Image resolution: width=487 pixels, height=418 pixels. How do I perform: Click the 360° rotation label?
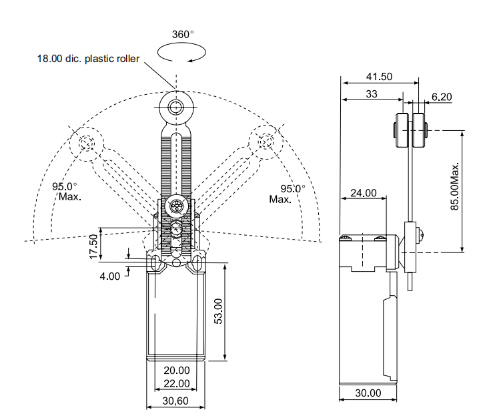(x=183, y=34)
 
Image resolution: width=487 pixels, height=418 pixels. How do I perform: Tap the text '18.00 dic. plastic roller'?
(x=88, y=59)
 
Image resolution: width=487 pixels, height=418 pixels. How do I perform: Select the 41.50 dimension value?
(x=379, y=77)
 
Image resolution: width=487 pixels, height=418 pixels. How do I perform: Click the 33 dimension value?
(x=371, y=95)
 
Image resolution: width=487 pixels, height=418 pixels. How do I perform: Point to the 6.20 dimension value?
(x=442, y=97)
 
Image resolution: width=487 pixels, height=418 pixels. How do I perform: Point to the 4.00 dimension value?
(x=111, y=275)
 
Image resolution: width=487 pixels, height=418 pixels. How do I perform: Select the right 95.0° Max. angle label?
(x=286, y=194)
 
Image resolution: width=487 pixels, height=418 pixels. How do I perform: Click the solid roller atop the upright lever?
(x=175, y=107)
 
